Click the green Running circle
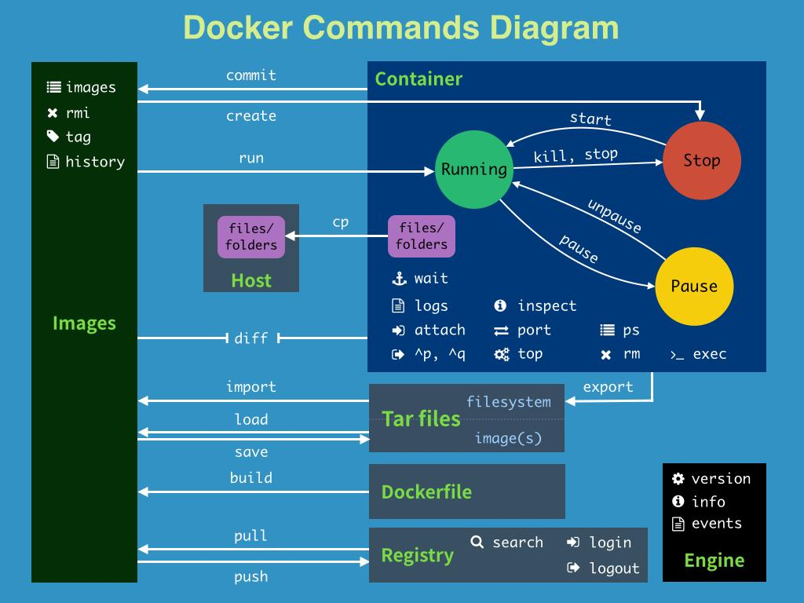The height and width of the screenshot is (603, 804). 473,170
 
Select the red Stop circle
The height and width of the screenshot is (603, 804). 701,161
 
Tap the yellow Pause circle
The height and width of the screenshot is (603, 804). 693,287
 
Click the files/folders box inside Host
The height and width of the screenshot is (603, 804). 251,237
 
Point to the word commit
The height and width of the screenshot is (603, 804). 251,75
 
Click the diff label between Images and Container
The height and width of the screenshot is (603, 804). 251,338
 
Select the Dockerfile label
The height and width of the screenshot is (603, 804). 426,492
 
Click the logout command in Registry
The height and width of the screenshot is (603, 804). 614,568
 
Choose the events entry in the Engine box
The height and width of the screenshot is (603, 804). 716,524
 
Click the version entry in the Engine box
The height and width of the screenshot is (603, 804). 721,479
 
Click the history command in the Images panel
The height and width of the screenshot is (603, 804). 95,162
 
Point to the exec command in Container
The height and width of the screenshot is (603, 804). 709,354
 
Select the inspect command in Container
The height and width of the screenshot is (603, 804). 546,306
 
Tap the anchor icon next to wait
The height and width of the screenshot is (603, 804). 399,279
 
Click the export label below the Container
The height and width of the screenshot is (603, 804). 608,387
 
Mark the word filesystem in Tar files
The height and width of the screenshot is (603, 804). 508,402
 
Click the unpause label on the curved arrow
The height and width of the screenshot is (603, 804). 614,216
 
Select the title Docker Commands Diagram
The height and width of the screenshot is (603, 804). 401,27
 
